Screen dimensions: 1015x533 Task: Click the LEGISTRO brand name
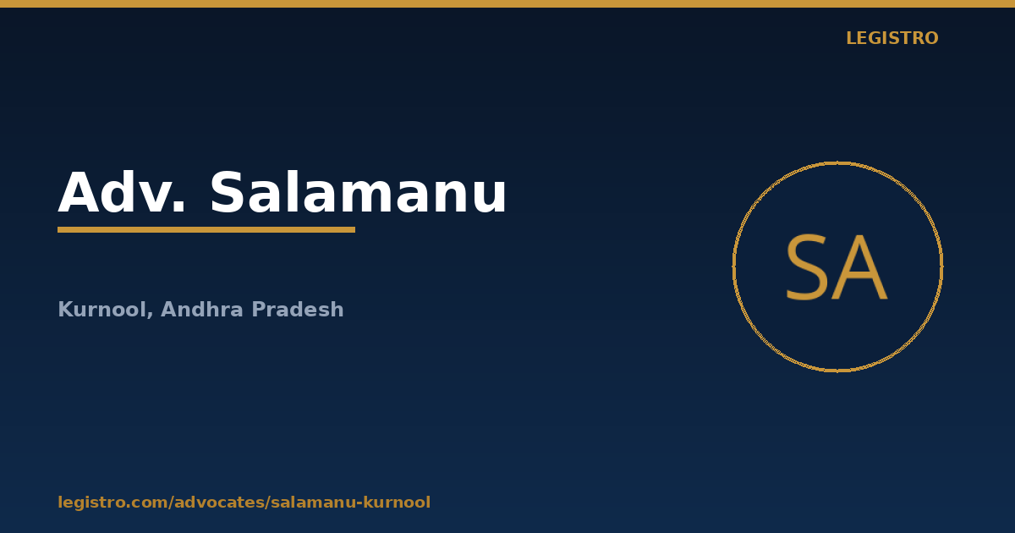tap(892, 38)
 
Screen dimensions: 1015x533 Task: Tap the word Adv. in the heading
tap(122, 192)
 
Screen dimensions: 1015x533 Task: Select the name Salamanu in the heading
tap(358, 192)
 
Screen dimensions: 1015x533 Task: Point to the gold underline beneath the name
tap(206, 230)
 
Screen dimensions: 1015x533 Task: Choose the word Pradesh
tap(297, 309)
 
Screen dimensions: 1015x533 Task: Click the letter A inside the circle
tap(859, 267)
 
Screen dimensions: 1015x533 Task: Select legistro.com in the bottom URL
tap(112, 503)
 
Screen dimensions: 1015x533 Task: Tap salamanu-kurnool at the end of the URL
tap(350, 503)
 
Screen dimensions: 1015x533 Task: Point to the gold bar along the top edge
tap(507, 3)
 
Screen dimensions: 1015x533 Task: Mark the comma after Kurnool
tap(150, 315)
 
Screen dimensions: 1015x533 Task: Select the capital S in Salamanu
tap(227, 192)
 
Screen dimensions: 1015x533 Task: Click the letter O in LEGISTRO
tap(930, 38)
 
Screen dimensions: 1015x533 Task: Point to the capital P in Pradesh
tap(259, 309)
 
